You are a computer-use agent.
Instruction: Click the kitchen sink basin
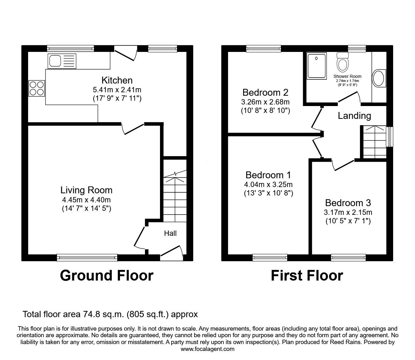click(x=55, y=61)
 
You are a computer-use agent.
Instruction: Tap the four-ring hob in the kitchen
click(x=37, y=88)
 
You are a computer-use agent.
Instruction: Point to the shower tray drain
click(x=316, y=58)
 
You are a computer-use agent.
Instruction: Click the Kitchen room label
click(x=117, y=80)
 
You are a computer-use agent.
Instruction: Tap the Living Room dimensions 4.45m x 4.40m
click(x=86, y=200)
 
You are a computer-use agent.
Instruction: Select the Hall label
click(x=170, y=233)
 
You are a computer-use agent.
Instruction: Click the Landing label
click(x=354, y=116)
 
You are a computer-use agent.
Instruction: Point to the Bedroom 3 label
click(x=348, y=203)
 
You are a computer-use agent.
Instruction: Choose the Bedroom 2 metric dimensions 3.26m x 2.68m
click(x=265, y=102)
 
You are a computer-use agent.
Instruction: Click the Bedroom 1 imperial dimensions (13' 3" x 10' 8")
click(x=268, y=193)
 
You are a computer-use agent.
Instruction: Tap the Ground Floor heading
click(x=107, y=276)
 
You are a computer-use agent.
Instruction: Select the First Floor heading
click(x=307, y=276)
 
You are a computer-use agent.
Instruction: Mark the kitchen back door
click(x=126, y=53)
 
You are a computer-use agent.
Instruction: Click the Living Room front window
click(x=87, y=257)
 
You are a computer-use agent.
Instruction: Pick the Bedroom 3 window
click(x=348, y=257)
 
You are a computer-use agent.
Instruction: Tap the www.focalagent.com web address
click(x=207, y=349)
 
